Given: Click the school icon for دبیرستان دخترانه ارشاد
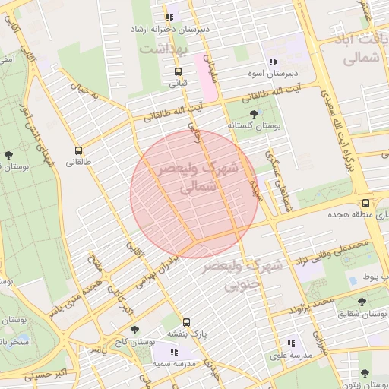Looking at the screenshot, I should tap(169, 17).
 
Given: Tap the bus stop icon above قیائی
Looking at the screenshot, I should tap(178, 72).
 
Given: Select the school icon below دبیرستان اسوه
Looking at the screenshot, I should tap(272, 62).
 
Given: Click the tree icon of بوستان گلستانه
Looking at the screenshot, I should tap(254, 114).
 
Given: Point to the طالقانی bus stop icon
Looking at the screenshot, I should tap(79, 150).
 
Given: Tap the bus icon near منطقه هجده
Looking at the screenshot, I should tap(366, 204).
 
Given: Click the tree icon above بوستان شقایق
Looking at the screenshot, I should tap(363, 301).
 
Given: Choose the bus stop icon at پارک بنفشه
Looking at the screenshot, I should tap(187, 321).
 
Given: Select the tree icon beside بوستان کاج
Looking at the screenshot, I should tap(135, 330).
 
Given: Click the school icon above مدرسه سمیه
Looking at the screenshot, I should tap(174, 352).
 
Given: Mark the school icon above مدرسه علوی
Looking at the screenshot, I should tap(291, 343).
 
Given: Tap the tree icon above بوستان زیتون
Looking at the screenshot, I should tap(365, 373).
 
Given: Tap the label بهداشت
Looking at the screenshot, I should tap(162, 47).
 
